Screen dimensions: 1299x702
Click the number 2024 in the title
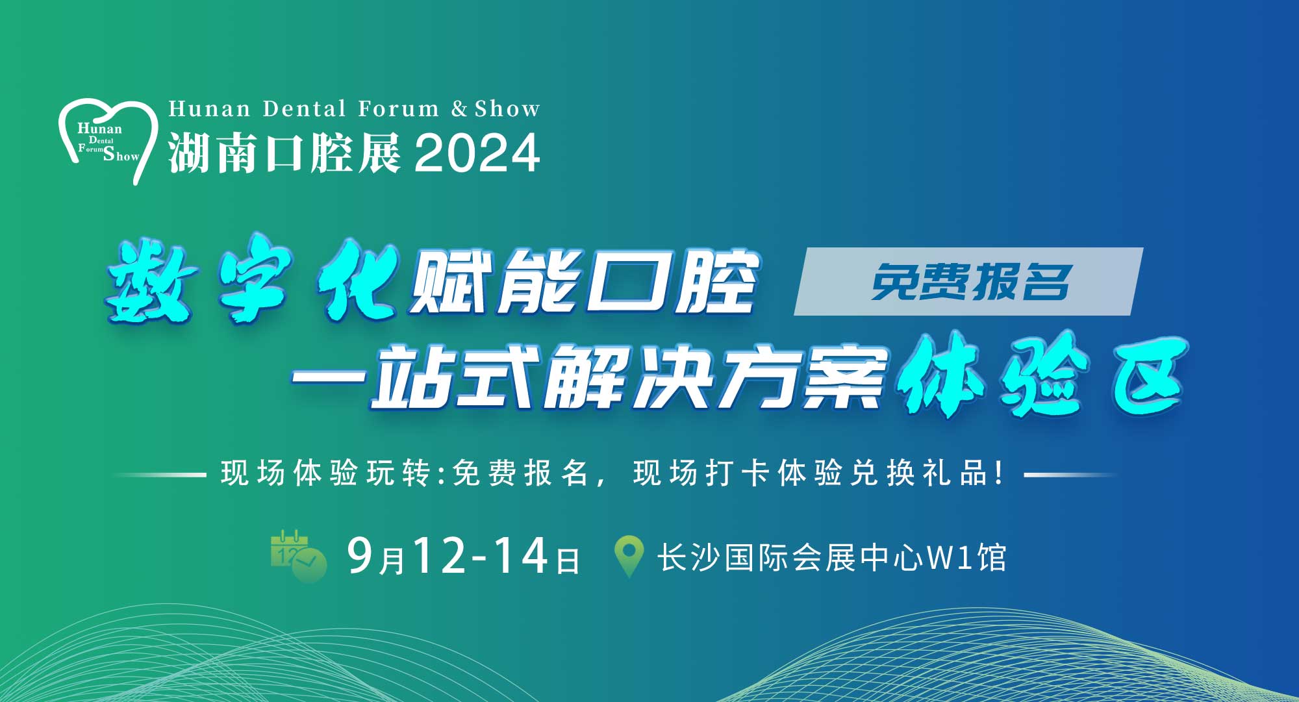[x=477, y=154]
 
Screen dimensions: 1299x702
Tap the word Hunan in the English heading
[x=209, y=108]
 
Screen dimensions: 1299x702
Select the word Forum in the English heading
[x=399, y=108]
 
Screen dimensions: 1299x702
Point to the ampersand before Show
[x=460, y=108]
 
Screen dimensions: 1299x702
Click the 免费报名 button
[x=968, y=282]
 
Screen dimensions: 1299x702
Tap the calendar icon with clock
[x=298, y=557]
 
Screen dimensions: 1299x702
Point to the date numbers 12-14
[x=481, y=556]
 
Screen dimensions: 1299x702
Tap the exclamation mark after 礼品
[x=998, y=473]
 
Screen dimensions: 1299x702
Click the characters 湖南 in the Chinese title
[x=215, y=154]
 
